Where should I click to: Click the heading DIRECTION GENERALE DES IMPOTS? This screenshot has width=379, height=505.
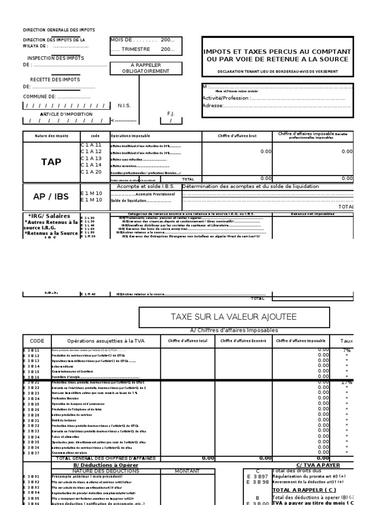pyautogui.click(x=59, y=30)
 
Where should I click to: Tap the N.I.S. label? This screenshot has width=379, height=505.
pyautogui.click(x=124, y=106)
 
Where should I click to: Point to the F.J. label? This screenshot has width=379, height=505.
pyautogui.click(x=171, y=113)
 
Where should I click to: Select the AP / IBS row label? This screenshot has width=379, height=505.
pyautogui.click(x=51, y=196)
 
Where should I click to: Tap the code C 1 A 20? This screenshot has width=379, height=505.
pyautogui.click(x=91, y=172)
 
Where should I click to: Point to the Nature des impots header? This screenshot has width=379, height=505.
pyautogui.click(x=51, y=136)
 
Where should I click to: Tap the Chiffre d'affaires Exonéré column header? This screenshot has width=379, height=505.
pyautogui.click(x=242, y=341)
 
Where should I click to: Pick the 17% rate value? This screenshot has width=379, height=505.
pyautogui.click(x=347, y=383)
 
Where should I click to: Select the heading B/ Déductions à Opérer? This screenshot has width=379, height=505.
pyautogui.click(x=106, y=465)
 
